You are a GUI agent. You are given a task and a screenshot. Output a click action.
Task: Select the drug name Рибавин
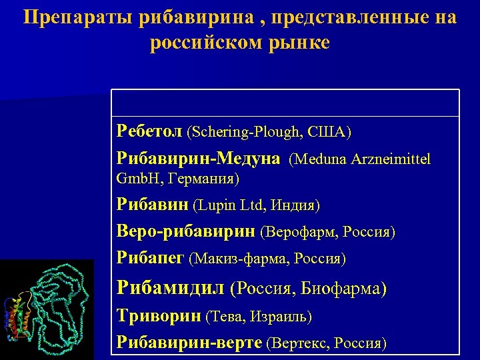(x=152, y=205)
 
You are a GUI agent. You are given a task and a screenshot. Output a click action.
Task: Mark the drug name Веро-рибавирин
(x=185, y=231)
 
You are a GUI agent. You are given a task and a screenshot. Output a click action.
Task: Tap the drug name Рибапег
(x=151, y=257)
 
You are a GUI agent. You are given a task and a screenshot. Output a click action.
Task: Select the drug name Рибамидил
(x=170, y=288)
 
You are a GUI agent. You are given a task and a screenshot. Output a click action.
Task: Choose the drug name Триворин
(x=159, y=316)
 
